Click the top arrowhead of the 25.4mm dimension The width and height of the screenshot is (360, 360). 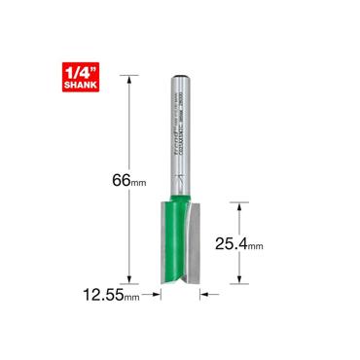coord(234,202)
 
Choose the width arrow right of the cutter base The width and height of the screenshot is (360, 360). coord(210,293)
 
